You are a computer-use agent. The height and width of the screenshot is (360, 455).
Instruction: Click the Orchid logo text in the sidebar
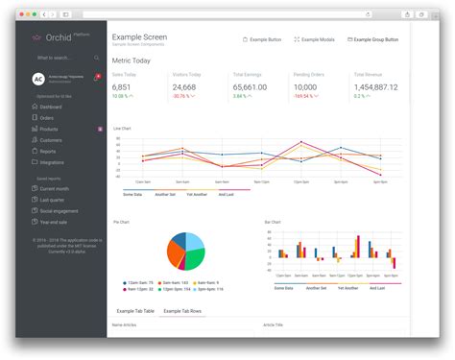[x=57, y=40]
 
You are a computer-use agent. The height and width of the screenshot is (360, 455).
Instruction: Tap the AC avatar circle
[x=37, y=79]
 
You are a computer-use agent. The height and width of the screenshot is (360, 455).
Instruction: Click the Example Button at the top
[x=262, y=40]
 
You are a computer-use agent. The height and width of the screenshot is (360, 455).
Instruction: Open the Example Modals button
[x=314, y=40]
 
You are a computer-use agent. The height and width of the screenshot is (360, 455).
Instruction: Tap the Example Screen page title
[x=139, y=37]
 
